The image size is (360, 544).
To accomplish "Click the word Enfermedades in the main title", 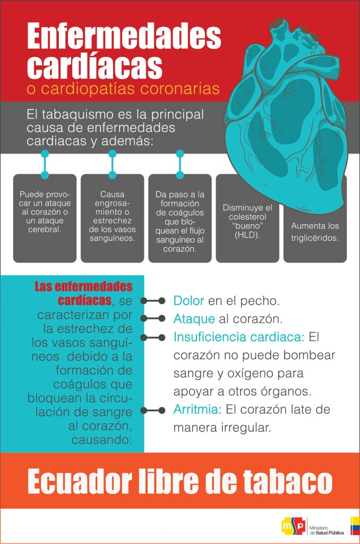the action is [124, 36].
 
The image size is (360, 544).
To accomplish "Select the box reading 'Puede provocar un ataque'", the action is [45, 218].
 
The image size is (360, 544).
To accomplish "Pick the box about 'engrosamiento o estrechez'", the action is [113, 218].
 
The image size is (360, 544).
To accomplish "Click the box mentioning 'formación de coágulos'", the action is [180, 218].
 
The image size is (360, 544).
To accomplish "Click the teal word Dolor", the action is [188, 301].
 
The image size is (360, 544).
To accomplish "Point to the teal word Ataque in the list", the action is [194, 319].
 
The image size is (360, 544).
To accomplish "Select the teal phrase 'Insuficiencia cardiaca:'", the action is [239, 337].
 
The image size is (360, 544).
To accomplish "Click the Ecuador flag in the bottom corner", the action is [355, 526].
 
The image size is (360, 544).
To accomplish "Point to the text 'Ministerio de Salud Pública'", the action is [327, 530].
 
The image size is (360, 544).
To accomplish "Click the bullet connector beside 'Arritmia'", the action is [152, 411].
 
